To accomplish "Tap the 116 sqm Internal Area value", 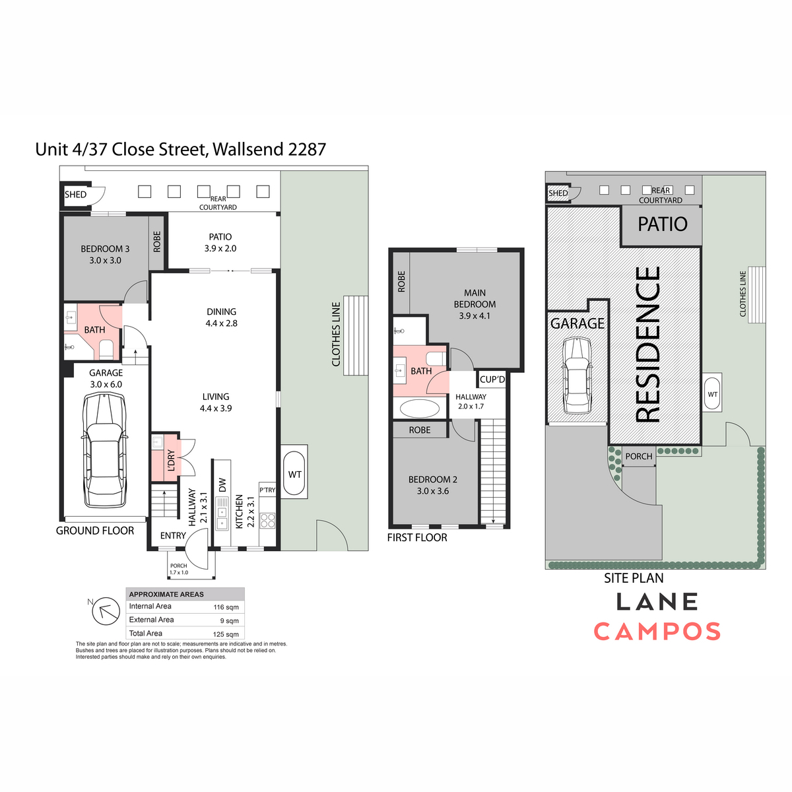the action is click(226, 607).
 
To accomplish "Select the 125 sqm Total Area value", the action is click(226, 634).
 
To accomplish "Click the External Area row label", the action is click(151, 619).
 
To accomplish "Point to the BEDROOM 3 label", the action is click(105, 249).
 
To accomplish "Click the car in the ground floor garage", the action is click(104, 450).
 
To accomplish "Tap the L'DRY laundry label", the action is click(172, 460).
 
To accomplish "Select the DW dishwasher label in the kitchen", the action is click(222, 485).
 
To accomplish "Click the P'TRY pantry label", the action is click(267, 490).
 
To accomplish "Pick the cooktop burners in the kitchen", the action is click(267, 520).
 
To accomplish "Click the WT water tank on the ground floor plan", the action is click(294, 474).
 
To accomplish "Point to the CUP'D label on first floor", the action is click(492, 379).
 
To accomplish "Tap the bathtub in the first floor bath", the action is click(419, 409).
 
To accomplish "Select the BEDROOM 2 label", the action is click(433, 479).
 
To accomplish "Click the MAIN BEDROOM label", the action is click(475, 298).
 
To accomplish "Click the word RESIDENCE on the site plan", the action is click(648, 345).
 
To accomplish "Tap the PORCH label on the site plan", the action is click(639, 456).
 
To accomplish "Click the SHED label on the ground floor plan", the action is click(76, 195).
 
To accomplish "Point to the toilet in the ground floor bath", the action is click(106, 348).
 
